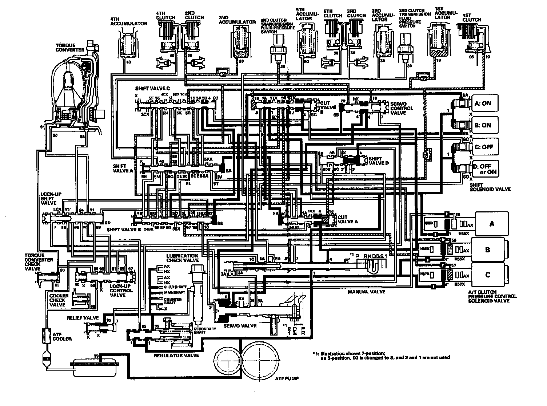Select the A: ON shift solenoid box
coord(483,103)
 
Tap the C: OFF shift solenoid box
coord(483,147)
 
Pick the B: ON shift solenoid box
coord(483,125)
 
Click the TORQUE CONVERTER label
coord(70,47)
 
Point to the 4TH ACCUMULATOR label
coord(129,21)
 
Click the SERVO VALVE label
coord(240,326)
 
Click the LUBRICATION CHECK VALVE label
coord(183,258)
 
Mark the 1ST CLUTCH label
coord(472,17)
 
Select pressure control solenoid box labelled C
coord(488,275)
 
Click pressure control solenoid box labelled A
coord(492,224)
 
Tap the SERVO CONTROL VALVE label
coord(402,108)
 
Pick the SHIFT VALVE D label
coord(379,161)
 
